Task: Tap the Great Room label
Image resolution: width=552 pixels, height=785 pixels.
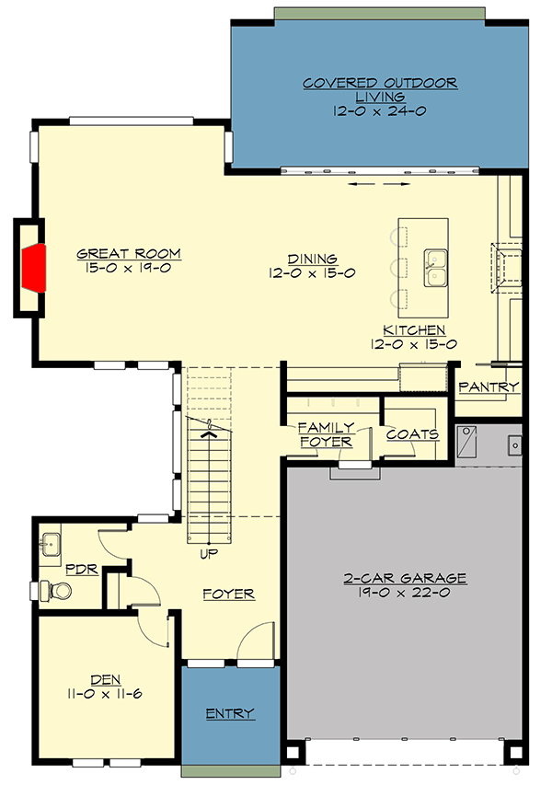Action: pyautogui.click(x=128, y=253)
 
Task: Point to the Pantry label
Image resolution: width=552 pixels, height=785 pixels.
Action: pyautogui.click(x=489, y=387)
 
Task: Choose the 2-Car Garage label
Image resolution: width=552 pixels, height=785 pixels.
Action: pyautogui.click(x=405, y=578)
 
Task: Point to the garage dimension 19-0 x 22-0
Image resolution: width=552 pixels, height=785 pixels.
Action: pyautogui.click(x=405, y=594)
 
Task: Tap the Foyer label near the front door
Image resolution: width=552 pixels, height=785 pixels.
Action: pyautogui.click(x=228, y=595)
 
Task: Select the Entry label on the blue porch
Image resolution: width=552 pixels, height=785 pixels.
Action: pyautogui.click(x=229, y=713)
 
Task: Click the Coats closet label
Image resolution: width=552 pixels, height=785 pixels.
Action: pyautogui.click(x=411, y=434)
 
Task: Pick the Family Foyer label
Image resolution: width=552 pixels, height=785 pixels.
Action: pyautogui.click(x=325, y=434)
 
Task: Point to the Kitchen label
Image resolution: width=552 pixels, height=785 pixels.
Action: pyautogui.click(x=414, y=329)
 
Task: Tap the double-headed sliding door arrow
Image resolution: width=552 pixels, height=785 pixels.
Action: pyautogui.click(x=380, y=184)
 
